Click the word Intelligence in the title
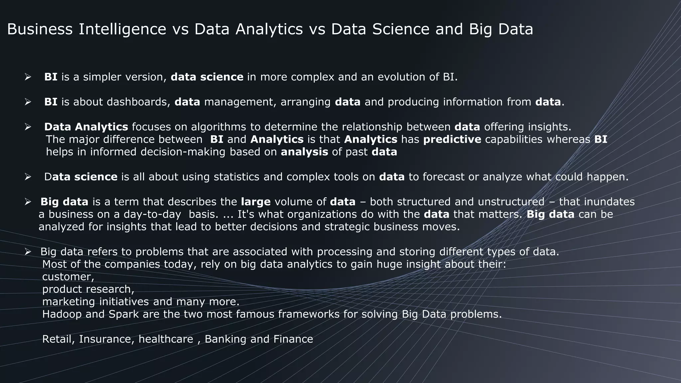click(122, 29)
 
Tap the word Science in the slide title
click(401, 29)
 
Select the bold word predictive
click(452, 139)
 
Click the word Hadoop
click(62, 314)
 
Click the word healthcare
click(166, 339)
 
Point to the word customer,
click(68, 277)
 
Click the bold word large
click(256, 202)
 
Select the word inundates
click(609, 202)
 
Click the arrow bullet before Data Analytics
click(28, 127)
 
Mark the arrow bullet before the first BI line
click(28, 77)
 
